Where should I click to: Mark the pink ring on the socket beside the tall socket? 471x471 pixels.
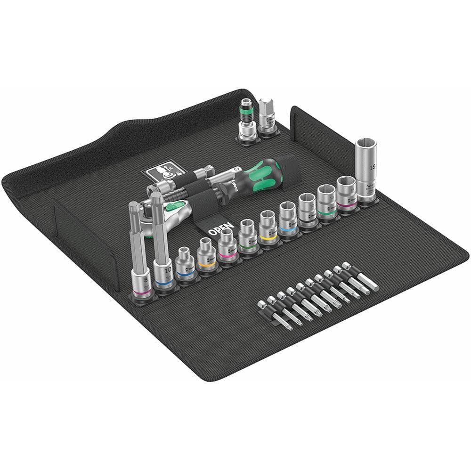pyautogui.click(x=347, y=203)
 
